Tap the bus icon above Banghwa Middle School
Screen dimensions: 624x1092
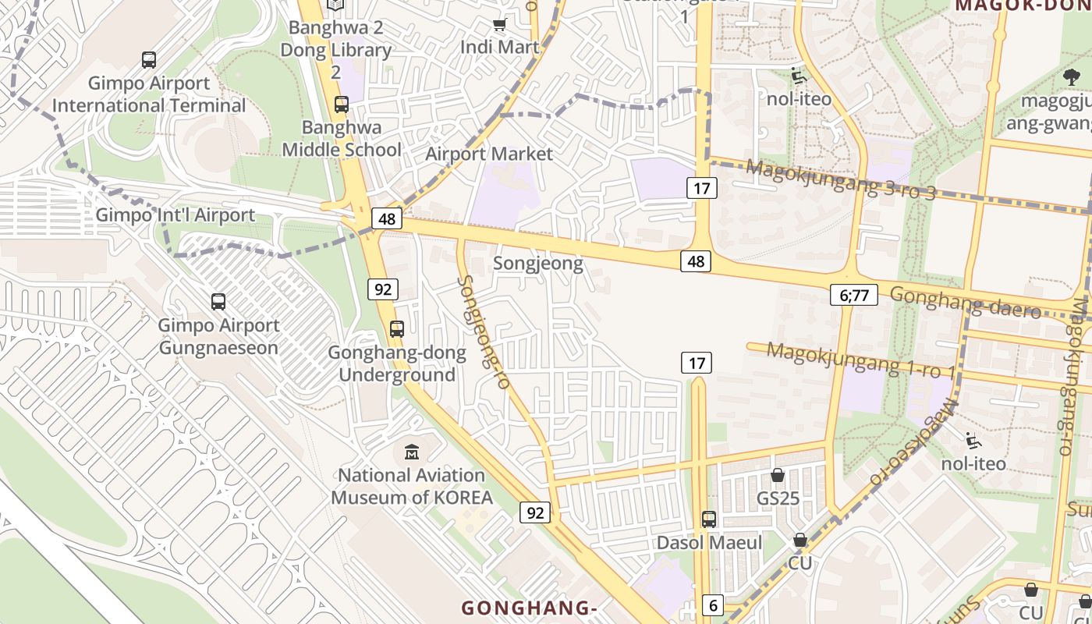pos(341,104)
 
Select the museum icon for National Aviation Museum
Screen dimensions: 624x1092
pos(412,451)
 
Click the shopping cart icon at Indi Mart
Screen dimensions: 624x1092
pos(499,25)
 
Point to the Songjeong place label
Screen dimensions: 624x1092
pos(538,264)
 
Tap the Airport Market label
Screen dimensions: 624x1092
pos(489,154)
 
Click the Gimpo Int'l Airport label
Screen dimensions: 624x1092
pos(175,215)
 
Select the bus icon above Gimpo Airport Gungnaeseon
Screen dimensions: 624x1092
pos(218,301)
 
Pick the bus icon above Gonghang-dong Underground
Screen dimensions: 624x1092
pos(397,328)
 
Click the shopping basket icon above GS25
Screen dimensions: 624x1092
pos(778,475)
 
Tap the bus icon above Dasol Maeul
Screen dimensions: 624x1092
pos(709,519)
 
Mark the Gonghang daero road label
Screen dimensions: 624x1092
pos(965,302)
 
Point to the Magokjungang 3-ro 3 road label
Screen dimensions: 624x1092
pos(839,179)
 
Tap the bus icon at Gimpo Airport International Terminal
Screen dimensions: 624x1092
pos(148,59)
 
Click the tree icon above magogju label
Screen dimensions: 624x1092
pos(1072,76)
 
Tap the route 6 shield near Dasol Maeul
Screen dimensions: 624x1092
pos(712,604)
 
